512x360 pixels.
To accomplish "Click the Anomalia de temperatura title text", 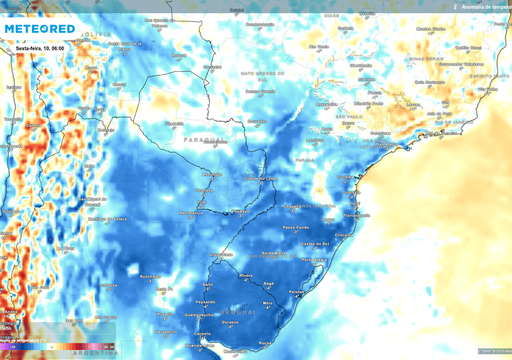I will [x=484, y=6].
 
